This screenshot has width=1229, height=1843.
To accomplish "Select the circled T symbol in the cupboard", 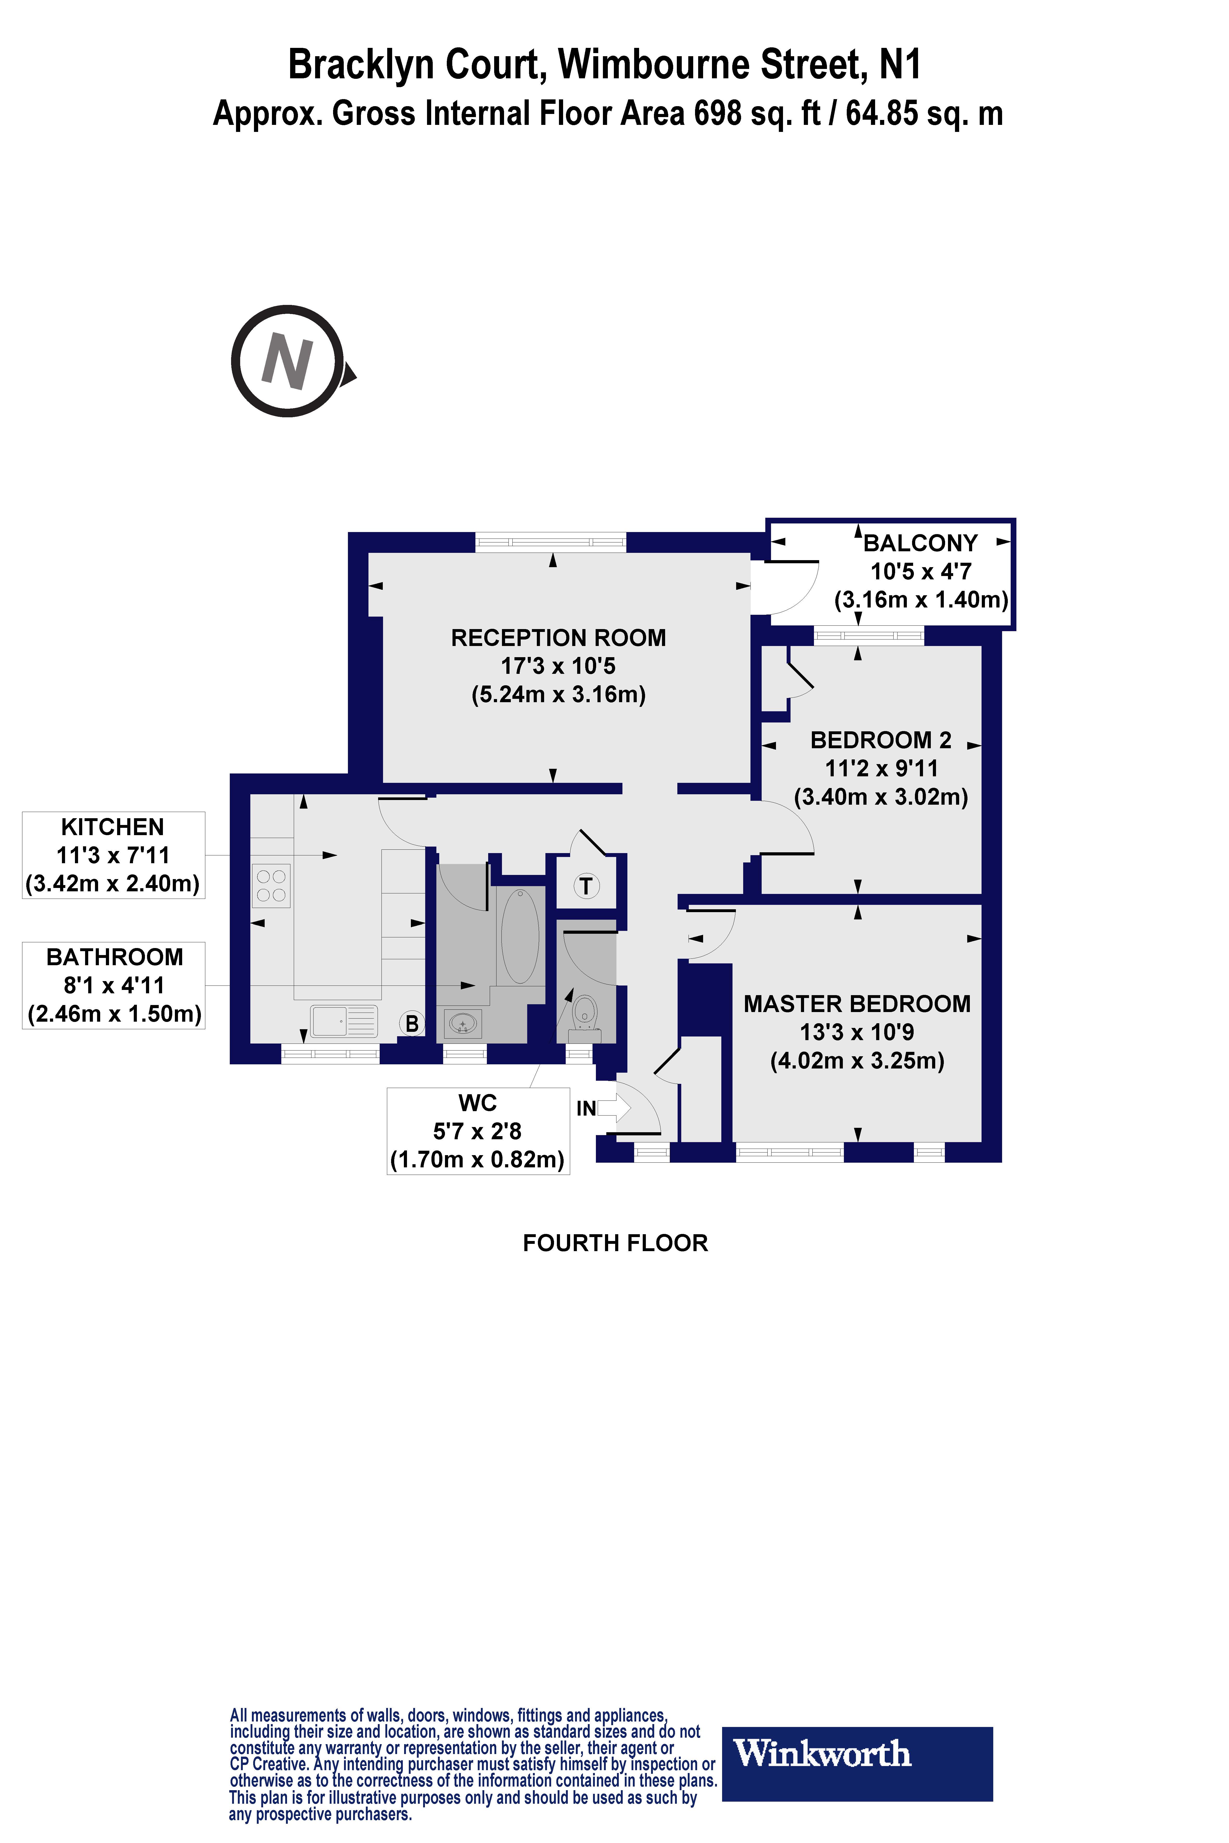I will [585, 886].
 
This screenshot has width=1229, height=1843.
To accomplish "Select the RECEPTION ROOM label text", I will [558, 638].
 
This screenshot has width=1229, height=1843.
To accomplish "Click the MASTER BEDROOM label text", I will [857, 1004].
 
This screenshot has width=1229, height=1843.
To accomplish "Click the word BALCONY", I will [920, 543].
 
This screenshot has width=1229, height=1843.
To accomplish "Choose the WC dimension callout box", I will [478, 1131].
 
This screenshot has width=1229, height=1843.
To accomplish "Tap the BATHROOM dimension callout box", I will [114, 985].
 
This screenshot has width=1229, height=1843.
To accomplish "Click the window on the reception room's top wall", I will [551, 541].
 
